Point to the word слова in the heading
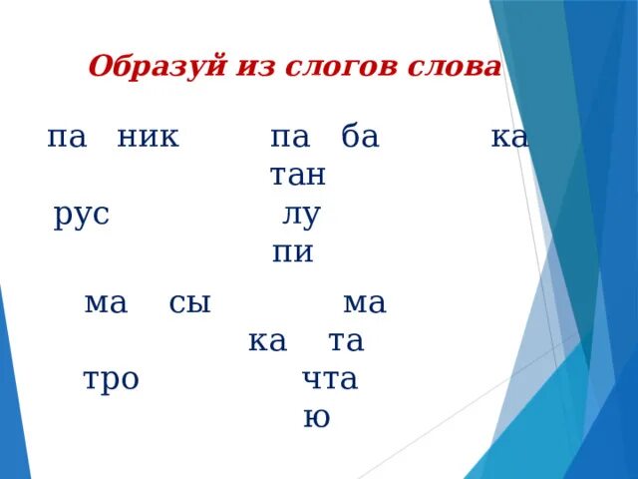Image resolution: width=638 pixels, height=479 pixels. [x=455, y=67]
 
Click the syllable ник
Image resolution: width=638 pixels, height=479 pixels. [x=148, y=138]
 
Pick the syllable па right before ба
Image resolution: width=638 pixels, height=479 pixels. [x=290, y=138]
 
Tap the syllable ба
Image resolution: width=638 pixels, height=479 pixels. [x=360, y=138]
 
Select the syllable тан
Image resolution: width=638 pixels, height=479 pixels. [x=298, y=176]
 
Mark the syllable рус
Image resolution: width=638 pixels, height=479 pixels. [x=82, y=216]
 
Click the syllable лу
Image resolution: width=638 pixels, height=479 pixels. [x=300, y=216]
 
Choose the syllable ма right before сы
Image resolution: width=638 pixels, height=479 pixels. [x=107, y=303]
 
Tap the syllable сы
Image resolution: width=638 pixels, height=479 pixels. [x=189, y=303]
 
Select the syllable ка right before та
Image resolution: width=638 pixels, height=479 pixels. [x=266, y=342]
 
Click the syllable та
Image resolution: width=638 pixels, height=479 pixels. [x=346, y=342]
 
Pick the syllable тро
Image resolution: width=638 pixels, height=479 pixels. [x=111, y=380]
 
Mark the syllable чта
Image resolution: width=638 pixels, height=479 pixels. [x=330, y=380]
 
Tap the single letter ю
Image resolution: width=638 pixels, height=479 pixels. [x=316, y=418]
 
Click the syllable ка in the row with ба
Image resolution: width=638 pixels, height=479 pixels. [x=509, y=138]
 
